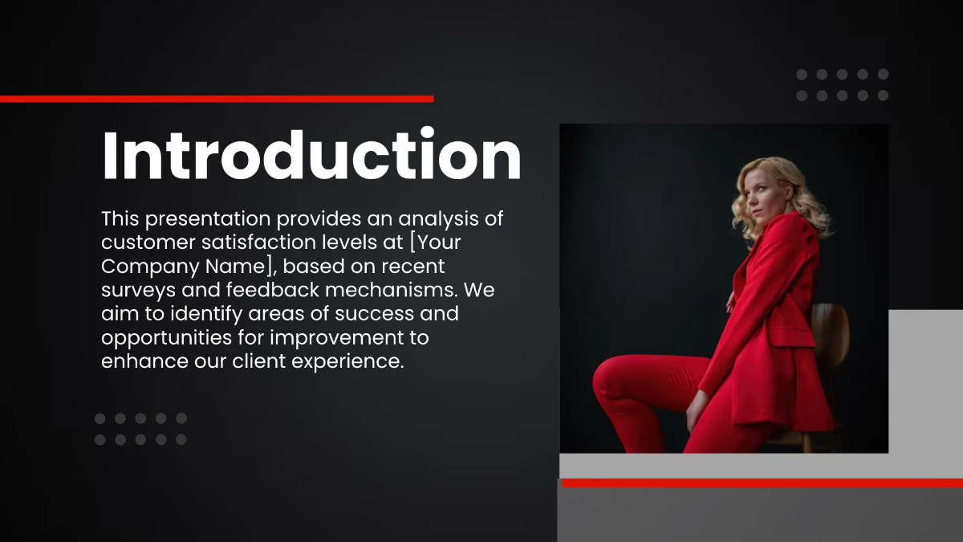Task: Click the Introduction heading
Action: [311, 156]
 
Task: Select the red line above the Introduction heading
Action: [217, 99]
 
